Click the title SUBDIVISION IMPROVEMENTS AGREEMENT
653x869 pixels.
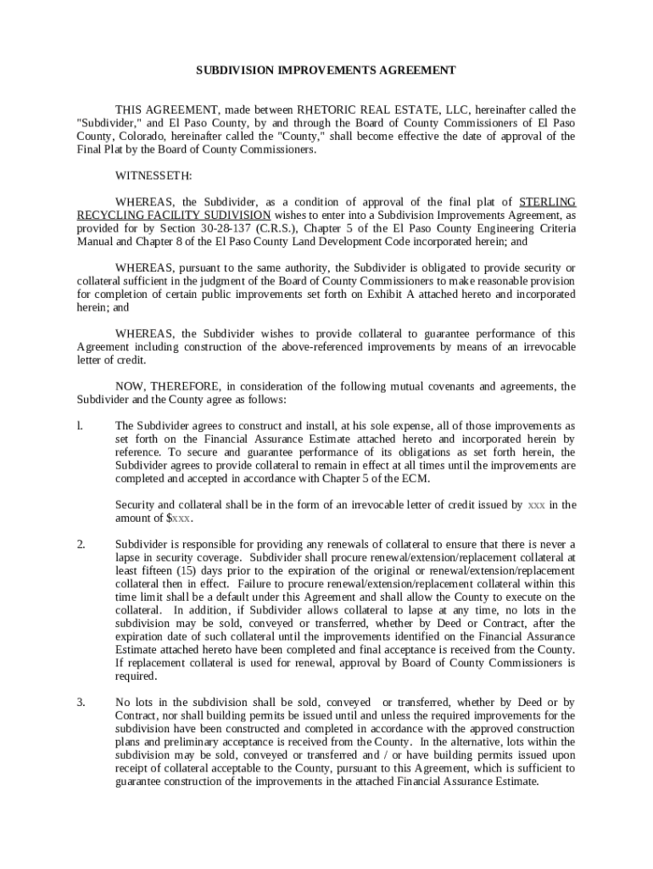tap(326, 70)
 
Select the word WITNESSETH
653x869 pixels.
tap(153, 176)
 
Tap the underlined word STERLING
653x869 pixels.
tap(547, 202)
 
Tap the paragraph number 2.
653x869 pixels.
tap(81, 544)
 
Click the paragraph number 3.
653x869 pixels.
tap(81, 702)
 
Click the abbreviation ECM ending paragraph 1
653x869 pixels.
tap(416, 478)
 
